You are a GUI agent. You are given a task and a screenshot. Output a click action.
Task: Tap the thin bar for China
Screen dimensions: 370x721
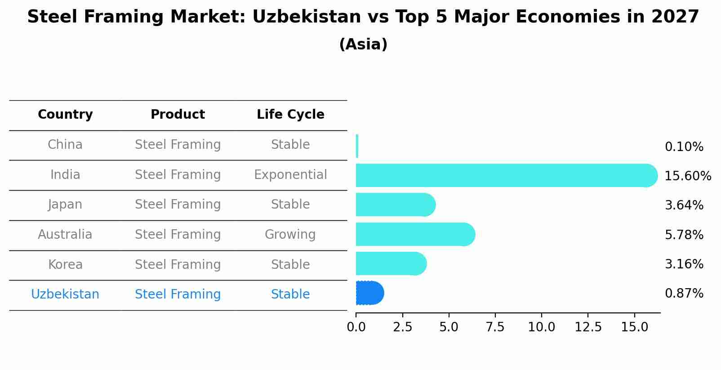[357, 146]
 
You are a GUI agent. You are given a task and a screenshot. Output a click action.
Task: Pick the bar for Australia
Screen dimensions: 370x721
[414, 234]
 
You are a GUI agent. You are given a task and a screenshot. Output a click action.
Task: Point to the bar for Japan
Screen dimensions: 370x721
[395, 205]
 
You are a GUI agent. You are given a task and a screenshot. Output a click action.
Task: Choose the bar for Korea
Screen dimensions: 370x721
[390, 263]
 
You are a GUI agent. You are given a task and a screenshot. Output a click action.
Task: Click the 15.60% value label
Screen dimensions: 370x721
[687, 176]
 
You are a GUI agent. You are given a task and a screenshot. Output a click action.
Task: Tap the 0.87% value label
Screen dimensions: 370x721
[684, 294]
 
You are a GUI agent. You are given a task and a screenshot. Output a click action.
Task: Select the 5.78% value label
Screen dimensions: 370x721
[684, 235]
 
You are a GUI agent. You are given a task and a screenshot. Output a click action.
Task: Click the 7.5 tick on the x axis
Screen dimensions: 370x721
[495, 327]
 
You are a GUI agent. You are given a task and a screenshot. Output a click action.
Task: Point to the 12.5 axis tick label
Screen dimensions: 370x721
[588, 327]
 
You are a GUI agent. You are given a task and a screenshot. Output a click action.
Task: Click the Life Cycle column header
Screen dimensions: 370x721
[290, 115]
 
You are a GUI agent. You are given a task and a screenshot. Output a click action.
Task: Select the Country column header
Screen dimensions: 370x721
[65, 115]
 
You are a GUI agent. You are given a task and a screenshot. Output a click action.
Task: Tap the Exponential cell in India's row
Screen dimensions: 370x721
[290, 174]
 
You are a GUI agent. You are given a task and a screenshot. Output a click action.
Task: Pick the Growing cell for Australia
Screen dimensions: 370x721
[290, 234]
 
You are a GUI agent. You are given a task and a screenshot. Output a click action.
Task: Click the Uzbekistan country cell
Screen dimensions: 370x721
[65, 294]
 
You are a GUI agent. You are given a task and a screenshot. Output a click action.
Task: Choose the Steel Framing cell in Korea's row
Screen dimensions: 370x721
[178, 264]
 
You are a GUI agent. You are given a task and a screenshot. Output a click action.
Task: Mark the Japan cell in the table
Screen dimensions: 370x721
[65, 205]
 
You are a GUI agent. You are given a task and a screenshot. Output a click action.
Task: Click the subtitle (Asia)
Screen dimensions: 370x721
[363, 45]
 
